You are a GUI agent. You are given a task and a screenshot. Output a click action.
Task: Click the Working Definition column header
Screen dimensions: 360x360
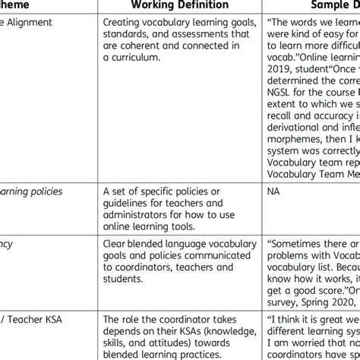tap(174, 7)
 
